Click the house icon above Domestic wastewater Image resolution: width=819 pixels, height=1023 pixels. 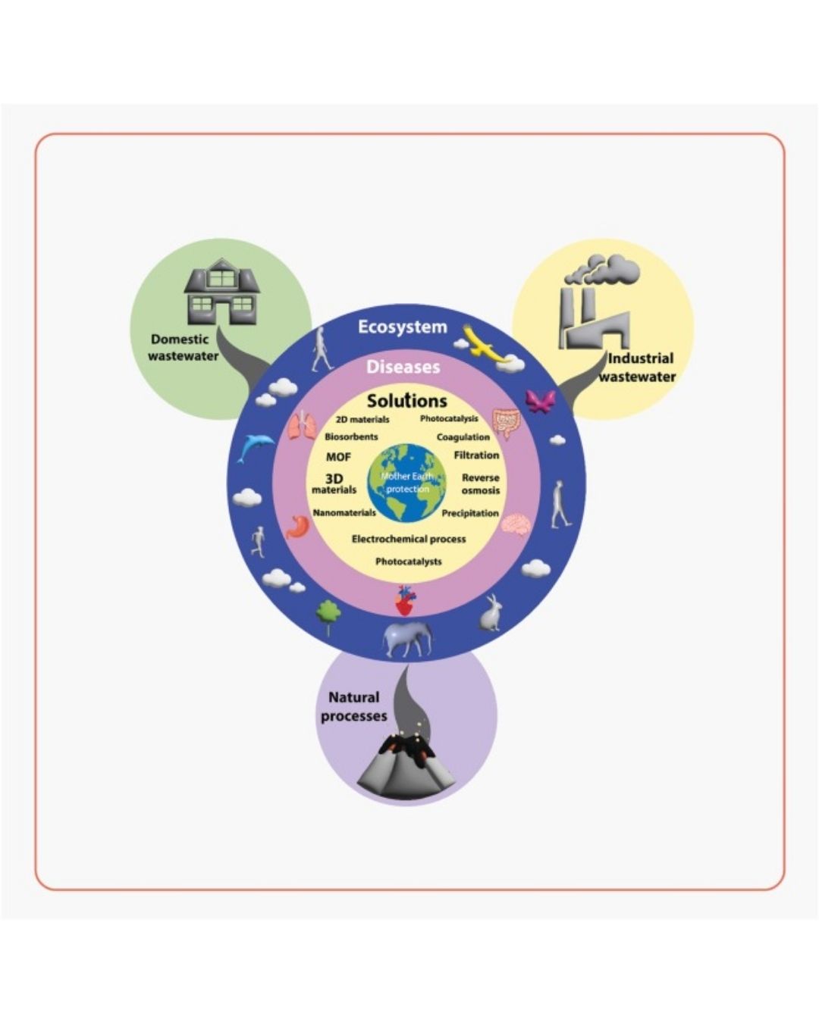(221, 292)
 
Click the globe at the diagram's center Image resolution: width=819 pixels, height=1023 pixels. (406, 483)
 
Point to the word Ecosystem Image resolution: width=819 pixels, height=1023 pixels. (403, 327)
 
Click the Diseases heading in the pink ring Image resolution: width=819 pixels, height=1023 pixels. (403, 368)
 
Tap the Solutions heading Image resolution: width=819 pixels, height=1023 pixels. (407, 401)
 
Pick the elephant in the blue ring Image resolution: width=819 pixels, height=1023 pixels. (407, 638)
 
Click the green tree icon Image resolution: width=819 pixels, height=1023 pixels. (328, 616)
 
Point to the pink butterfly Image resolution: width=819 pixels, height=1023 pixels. (540, 402)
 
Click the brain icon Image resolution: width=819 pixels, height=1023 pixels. (519, 524)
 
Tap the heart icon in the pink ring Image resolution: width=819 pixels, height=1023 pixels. (406, 600)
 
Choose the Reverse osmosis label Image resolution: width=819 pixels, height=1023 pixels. (481, 484)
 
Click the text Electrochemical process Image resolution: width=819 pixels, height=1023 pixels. (409, 539)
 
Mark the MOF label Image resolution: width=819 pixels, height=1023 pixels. (338, 457)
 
